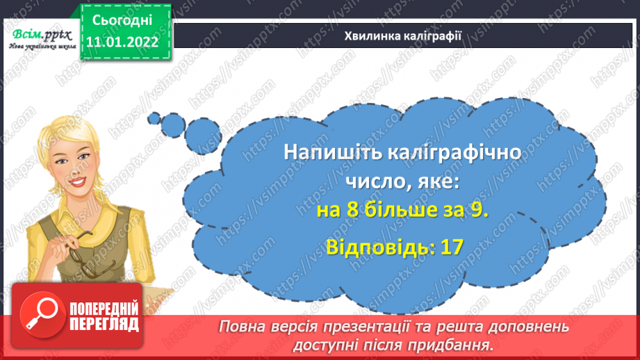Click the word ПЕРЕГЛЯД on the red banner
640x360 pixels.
pos(105,324)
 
